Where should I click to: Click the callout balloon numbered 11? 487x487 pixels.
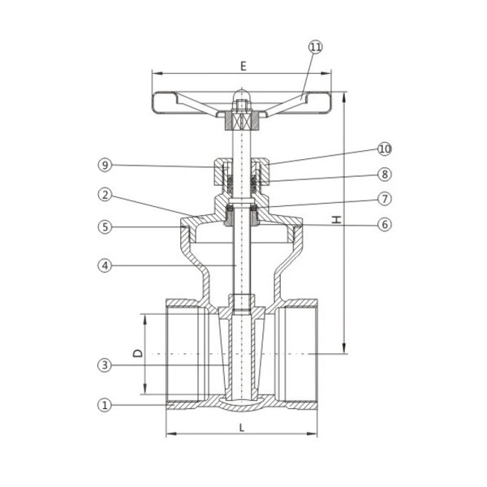[x=316, y=47]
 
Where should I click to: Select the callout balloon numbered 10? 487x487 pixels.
[x=385, y=149]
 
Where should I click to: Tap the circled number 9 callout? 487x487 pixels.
[x=105, y=165]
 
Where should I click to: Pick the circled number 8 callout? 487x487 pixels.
[x=385, y=175]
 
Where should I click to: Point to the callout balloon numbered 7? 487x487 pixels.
[x=385, y=199]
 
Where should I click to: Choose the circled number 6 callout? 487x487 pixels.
[x=385, y=224]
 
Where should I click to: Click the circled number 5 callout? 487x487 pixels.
[x=105, y=226]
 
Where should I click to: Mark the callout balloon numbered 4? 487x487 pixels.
[x=105, y=266]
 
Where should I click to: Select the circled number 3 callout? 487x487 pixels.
[x=105, y=365]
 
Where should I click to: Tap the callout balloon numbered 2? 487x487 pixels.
[x=105, y=195]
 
